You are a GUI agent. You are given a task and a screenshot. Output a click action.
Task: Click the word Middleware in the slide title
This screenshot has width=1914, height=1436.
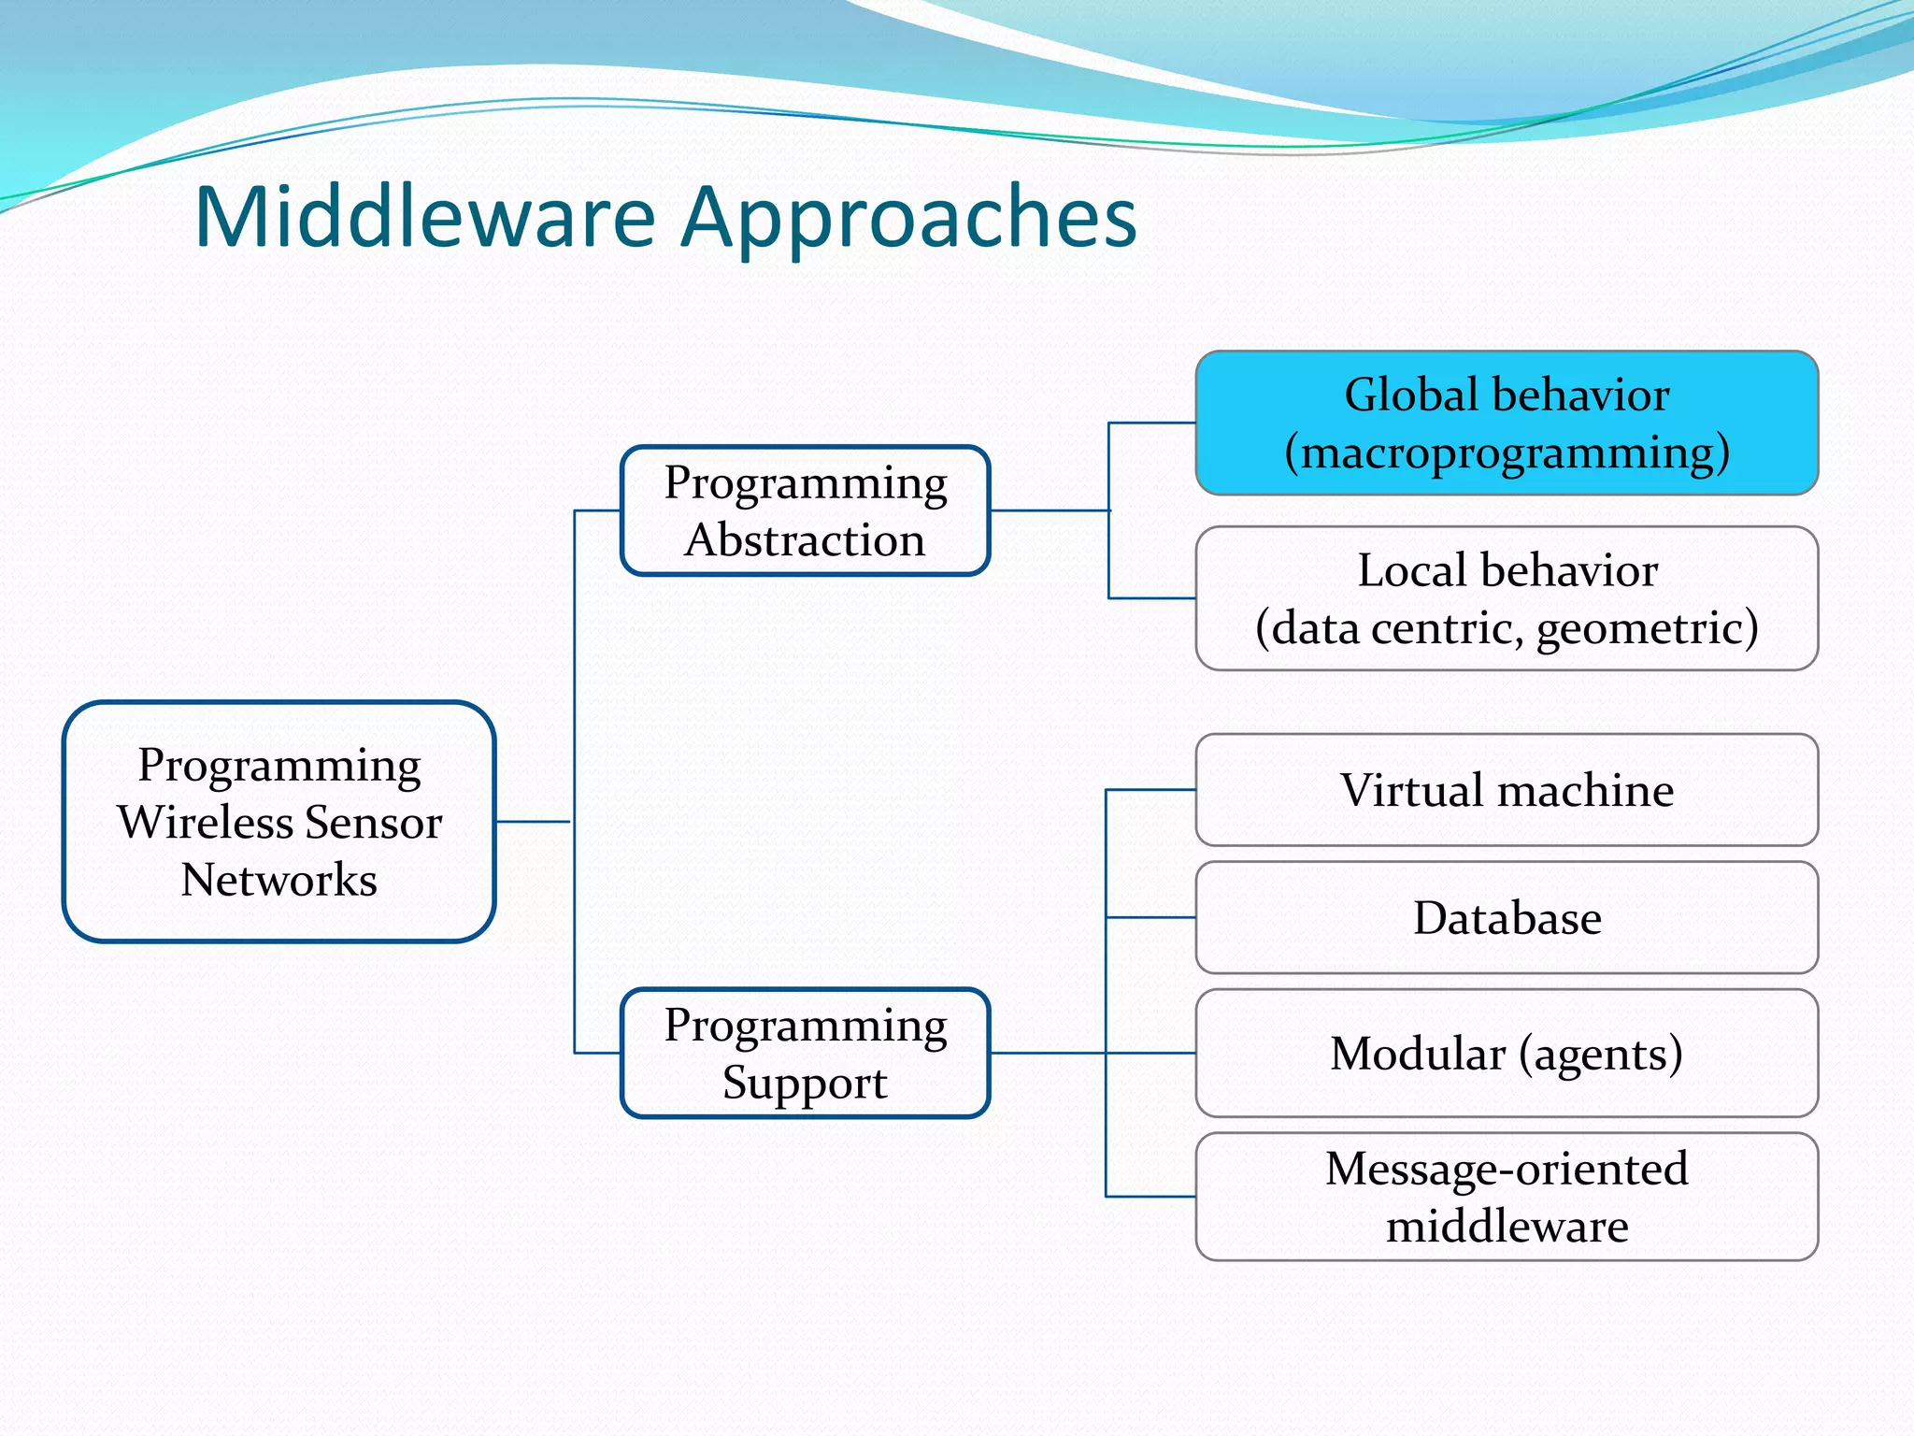click(x=425, y=217)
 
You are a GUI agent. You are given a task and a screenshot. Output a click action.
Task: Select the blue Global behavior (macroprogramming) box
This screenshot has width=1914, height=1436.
click(x=1507, y=423)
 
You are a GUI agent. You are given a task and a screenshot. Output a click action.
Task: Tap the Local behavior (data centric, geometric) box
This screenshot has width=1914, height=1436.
click(x=1507, y=598)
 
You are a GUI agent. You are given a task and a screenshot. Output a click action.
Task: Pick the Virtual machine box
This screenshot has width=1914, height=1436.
click(x=1507, y=790)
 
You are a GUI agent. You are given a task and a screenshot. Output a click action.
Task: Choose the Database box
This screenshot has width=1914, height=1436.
click(x=1507, y=917)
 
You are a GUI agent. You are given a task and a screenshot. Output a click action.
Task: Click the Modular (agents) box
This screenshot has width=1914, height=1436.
click(x=1507, y=1053)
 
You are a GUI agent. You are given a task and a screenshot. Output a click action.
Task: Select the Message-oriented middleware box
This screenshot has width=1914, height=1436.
click(x=1507, y=1197)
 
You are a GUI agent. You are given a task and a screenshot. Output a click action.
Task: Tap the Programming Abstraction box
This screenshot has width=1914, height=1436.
click(x=805, y=510)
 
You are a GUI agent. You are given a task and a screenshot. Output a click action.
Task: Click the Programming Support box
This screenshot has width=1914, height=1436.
click(x=805, y=1053)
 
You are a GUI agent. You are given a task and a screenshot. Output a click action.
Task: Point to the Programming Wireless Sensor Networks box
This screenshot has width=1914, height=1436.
click(x=279, y=821)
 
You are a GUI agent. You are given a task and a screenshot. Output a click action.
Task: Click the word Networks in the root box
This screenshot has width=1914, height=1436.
click(x=279, y=880)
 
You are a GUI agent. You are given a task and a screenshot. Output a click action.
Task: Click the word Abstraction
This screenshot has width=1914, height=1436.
click(x=805, y=540)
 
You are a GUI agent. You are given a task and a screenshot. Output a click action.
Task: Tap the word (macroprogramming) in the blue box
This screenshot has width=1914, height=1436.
click(x=1507, y=453)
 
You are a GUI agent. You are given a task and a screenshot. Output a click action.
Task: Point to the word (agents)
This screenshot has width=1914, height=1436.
click(x=1600, y=1055)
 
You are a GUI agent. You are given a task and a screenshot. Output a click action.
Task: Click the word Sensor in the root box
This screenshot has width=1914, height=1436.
click(x=373, y=823)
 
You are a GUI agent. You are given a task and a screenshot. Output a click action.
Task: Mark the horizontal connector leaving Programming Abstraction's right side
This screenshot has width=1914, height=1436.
click(x=1049, y=510)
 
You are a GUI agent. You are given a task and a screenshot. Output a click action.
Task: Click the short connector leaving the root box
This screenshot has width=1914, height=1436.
click(x=533, y=822)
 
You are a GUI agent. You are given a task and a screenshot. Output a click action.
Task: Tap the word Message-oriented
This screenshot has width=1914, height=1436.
click(x=1507, y=1169)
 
